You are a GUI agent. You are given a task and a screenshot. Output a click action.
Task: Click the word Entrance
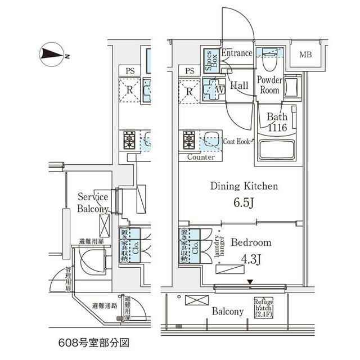click(236, 53)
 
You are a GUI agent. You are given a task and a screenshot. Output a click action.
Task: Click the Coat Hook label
click(236, 142)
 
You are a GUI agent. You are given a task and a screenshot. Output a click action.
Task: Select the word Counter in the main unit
click(201, 157)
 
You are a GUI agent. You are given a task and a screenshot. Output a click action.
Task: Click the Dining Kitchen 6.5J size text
click(244, 201)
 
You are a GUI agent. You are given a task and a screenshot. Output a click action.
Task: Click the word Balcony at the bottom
click(228, 311)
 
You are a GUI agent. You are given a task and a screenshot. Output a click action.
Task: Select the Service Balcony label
click(93, 203)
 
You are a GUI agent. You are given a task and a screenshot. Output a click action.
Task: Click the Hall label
click(240, 85)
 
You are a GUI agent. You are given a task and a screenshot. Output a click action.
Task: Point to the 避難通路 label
click(105, 307)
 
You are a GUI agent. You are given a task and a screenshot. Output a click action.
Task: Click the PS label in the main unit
click(190, 71)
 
